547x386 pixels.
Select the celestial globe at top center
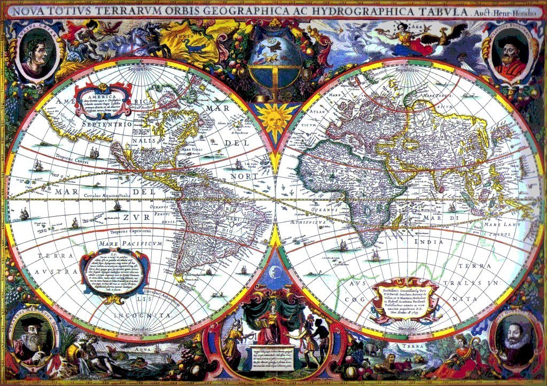click(x=274, y=63)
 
